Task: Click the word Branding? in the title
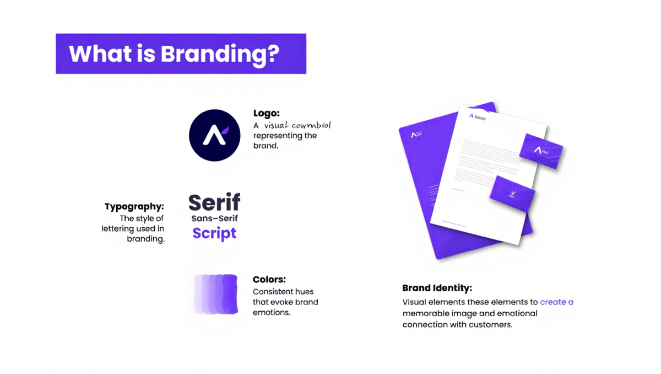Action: (220, 54)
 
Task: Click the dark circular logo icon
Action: (215, 135)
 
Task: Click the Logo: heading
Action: (266, 113)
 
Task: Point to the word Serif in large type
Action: (214, 203)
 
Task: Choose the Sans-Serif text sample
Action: (215, 219)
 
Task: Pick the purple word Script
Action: (214, 233)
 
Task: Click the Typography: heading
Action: (134, 207)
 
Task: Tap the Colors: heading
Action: (269, 280)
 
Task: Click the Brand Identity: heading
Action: (437, 288)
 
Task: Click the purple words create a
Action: (556, 302)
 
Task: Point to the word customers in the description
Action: (490, 324)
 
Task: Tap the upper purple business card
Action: (541, 151)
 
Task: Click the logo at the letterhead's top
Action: (477, 116)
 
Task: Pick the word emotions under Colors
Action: (271, 312)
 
